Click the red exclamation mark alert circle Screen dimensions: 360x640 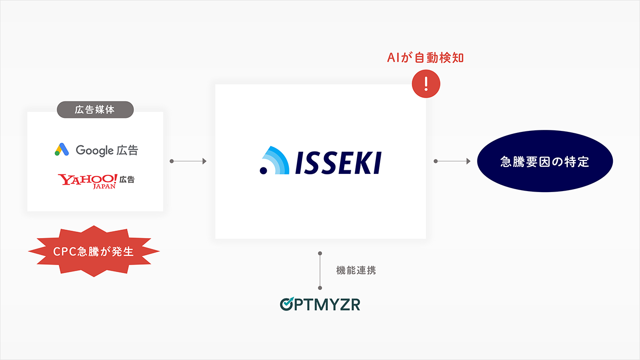click(426, 83)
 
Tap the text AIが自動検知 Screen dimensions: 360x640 click(425, 58)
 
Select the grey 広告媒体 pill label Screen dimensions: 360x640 click(95, 110)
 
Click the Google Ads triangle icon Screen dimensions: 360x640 click(61, 150)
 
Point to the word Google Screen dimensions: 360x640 click(95, 150)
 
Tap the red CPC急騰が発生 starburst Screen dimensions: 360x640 click(94, 251)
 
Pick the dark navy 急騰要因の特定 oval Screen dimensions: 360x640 click(545, 161)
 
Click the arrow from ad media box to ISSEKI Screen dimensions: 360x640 click(188, 161)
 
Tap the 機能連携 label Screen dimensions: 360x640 click(356, 270)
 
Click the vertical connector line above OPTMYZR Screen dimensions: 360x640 click(320, 270)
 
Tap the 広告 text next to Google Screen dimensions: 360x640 click(128, 150)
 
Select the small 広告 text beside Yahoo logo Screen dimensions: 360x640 click(127, 180)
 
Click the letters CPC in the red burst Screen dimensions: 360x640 click(64, 251)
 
